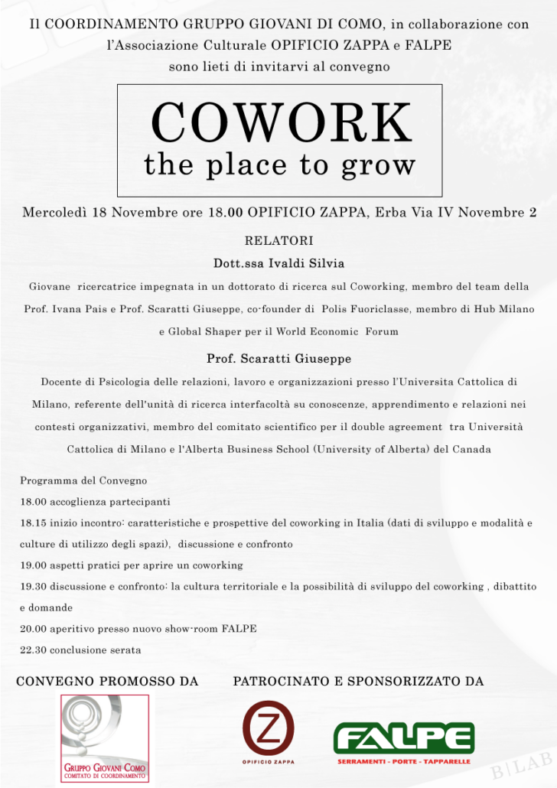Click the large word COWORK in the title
280,122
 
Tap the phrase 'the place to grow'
280,164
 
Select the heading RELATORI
279,241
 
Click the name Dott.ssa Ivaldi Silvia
279,263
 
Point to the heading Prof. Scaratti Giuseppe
279,358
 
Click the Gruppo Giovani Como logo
106,738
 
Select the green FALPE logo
404,737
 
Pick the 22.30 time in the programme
33,650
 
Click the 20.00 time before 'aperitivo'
33,629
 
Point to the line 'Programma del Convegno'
83,481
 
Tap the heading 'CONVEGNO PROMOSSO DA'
107,681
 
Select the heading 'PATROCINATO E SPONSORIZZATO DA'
358,681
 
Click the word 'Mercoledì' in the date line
54,212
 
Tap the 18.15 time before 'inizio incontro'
33,523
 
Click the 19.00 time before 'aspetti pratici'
33,565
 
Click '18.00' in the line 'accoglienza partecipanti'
33,502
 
